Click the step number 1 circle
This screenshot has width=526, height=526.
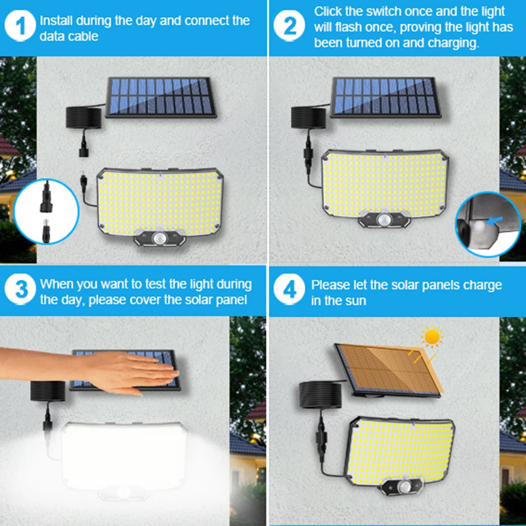click(22, 28)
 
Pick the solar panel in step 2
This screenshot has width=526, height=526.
click(386, 97)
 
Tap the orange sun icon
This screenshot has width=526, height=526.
click(432, 337)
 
